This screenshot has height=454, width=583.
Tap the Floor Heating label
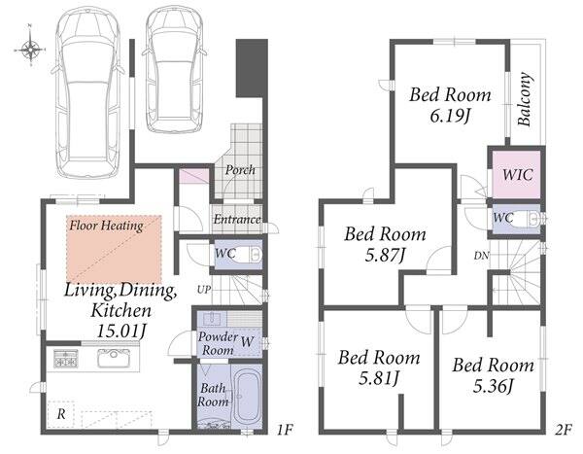point(106,226)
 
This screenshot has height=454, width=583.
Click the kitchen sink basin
point(113,358)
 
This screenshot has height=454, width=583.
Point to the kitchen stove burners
point(66,358)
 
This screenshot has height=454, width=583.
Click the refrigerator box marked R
point(61,414)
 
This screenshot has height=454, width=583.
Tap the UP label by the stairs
point(204,290)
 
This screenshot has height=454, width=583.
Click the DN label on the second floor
point(481,256)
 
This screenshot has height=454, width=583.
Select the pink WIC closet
point(516,174)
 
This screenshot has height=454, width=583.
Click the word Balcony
point(525,99)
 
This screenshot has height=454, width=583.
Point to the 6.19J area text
point(450,116)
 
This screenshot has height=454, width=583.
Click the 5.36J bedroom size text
point(493,386)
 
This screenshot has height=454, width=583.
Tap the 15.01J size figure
point(120,331)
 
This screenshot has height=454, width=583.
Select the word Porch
point(240,170)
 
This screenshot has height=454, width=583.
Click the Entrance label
point(237,219)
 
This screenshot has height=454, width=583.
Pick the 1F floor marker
point(285,431)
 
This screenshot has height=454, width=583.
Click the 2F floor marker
point(564,431)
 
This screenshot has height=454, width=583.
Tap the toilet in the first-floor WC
point(250,255)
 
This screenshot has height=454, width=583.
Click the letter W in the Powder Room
point(247,341)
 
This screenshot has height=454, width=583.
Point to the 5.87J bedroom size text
point(385,256)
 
